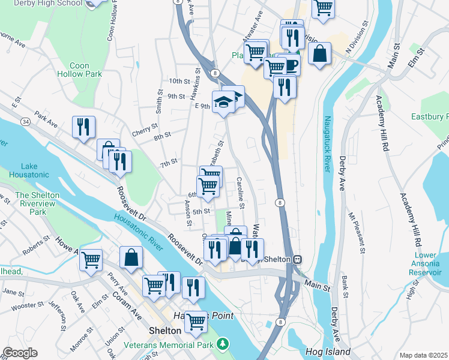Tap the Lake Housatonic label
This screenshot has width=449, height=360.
tap(29, 171)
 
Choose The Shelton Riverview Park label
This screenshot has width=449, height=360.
tap(30, 203)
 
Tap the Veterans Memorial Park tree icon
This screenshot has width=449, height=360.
tap(223, 344)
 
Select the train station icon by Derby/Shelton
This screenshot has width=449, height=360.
tap(297, 259)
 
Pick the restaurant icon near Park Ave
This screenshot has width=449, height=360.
tap(83, 126)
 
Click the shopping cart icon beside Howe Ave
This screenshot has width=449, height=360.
tap(91, 260)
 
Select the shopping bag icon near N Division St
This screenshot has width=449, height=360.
tap(320, 53)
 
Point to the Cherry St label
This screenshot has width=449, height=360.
tap(146, 127)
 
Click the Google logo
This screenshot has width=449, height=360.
tap(20, 352)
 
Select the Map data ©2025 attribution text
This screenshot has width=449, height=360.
tap(423, 355)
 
